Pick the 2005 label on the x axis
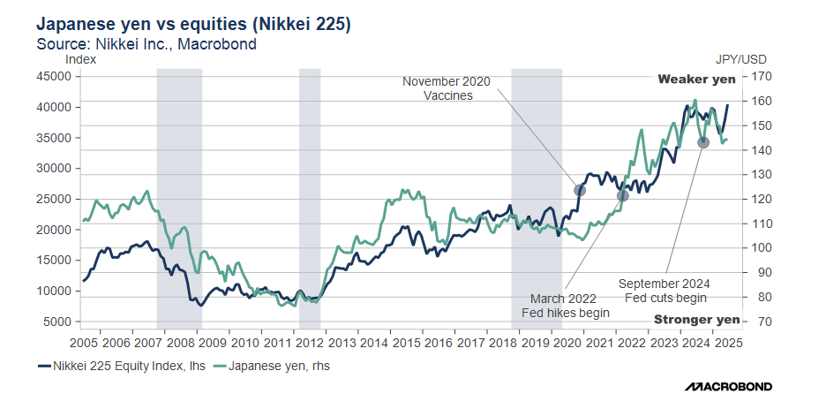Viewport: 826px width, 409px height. click(85, 342)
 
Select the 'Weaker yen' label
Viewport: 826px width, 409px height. click(696, 80)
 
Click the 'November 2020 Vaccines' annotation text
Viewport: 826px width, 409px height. click(446, 88)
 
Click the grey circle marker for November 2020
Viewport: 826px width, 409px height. click(580, 190)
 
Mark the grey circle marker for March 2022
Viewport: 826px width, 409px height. click(622, 195)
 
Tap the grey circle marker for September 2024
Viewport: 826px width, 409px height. click(703, 142)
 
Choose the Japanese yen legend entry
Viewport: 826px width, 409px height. click(277, 365)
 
